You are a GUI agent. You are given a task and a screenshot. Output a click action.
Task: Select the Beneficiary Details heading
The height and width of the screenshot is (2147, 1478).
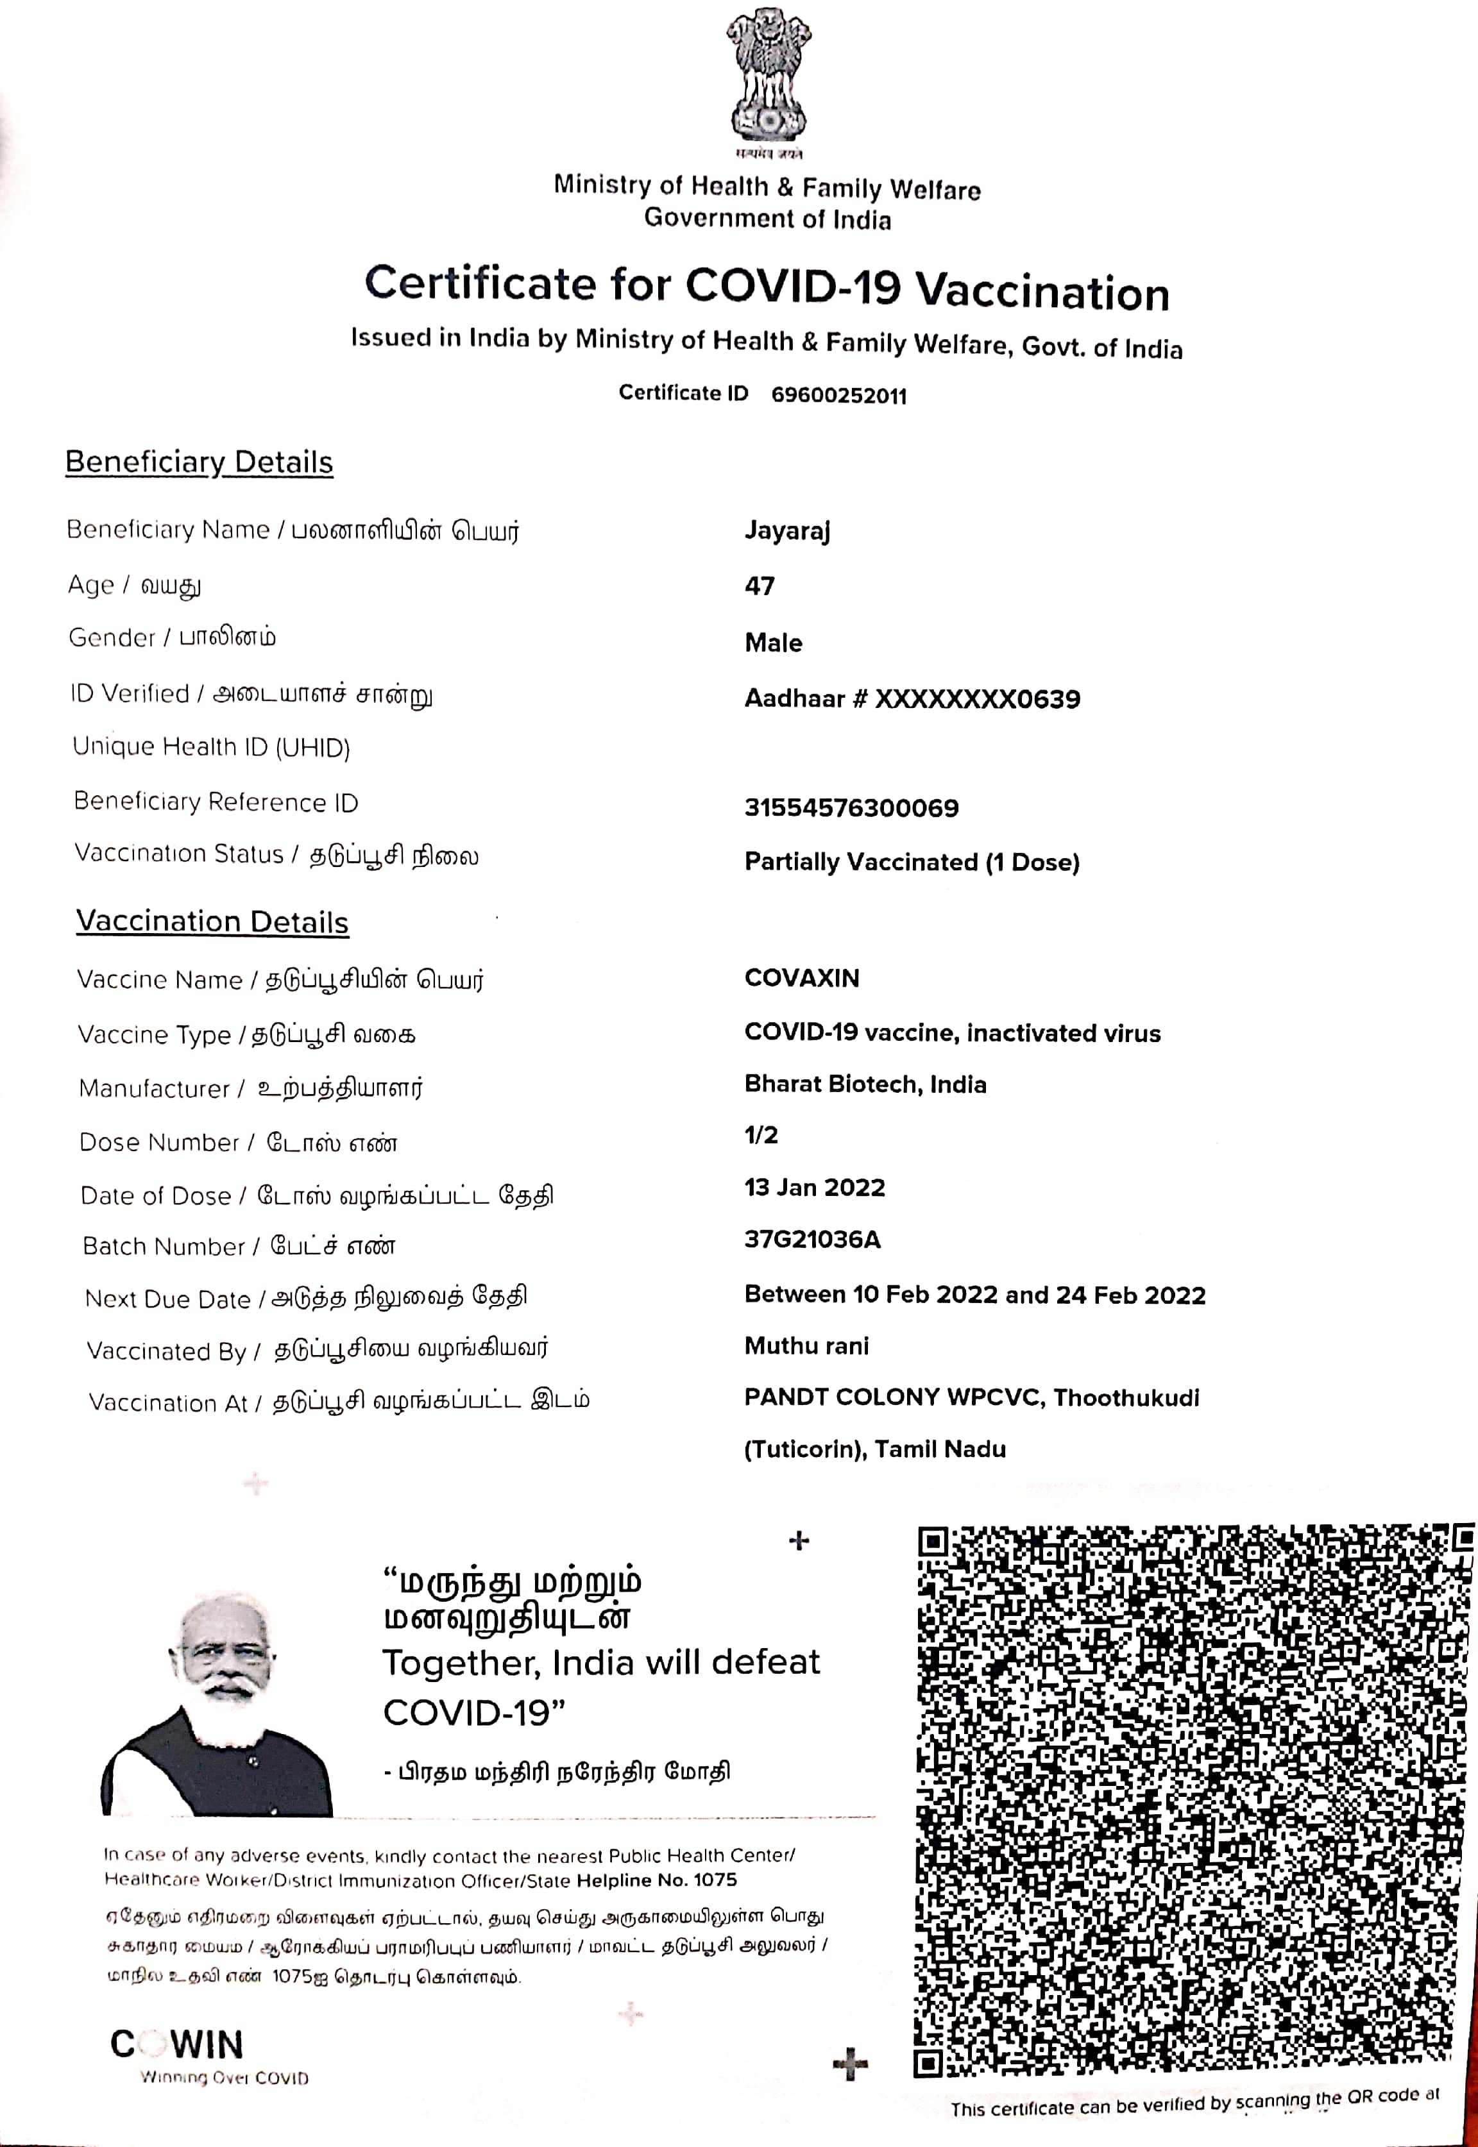[x=199, y=462]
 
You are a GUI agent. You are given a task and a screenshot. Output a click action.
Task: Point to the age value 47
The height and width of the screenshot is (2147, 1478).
[x=760, y=586]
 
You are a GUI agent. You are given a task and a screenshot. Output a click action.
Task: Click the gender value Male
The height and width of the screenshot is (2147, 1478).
[x=773, y=643]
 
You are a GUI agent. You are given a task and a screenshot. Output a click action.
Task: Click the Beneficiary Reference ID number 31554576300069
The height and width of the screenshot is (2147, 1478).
[x=851, y=808]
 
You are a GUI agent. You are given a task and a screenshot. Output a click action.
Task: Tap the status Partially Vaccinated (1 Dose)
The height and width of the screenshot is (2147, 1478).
[x=912, y=862]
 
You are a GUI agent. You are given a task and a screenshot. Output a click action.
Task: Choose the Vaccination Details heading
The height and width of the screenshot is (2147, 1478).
[x=212, y=922]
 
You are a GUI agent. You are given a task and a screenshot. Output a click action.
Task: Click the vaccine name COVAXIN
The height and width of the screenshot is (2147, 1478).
[x=802, y=978]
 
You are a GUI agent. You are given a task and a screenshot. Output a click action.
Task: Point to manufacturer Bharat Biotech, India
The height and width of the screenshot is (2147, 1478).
[x=865, y=1084]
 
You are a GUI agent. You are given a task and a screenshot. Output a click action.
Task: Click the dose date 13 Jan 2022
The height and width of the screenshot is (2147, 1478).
[x=814, y=1188]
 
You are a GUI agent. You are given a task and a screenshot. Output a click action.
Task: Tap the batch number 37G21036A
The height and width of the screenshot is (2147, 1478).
[x=812, y=1240]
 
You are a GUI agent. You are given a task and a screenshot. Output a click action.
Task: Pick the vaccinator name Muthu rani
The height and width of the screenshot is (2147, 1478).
[x=806, y=1346]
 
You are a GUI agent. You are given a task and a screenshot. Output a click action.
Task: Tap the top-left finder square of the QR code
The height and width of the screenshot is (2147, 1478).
[x=933, y=1542]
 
